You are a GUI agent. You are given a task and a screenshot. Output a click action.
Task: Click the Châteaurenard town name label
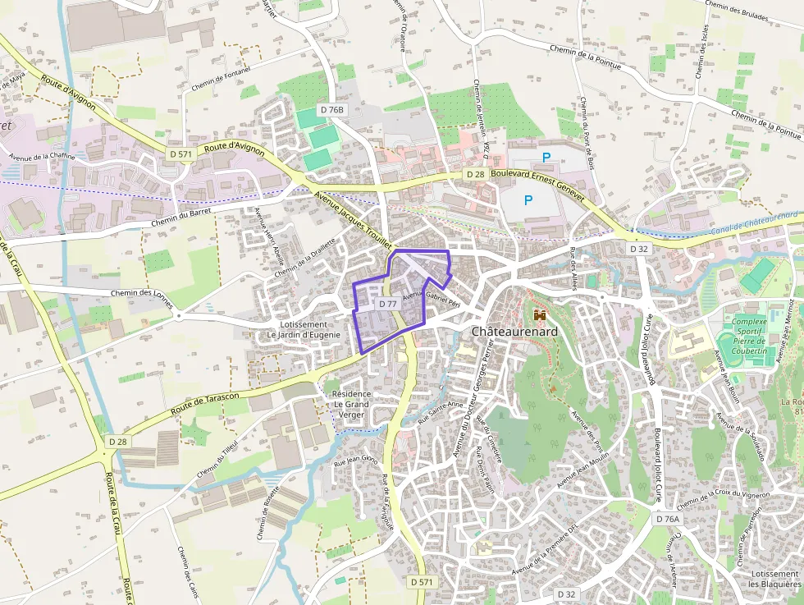[514, 331]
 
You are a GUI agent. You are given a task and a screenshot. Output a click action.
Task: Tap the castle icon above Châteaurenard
[540, 314]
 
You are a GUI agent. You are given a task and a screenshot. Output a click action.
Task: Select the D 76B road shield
[333, 109]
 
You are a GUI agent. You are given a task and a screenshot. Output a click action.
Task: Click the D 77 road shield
[387, 304]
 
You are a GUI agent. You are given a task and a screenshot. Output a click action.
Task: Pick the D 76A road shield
[668, 519]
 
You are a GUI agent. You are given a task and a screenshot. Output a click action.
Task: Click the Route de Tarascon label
[205, 403]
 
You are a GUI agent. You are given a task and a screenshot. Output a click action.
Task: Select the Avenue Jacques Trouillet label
[354, 218]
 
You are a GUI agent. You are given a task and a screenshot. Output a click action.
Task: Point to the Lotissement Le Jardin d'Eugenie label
[303, 329]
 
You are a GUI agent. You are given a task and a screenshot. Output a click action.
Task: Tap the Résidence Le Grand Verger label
[351, 404]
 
